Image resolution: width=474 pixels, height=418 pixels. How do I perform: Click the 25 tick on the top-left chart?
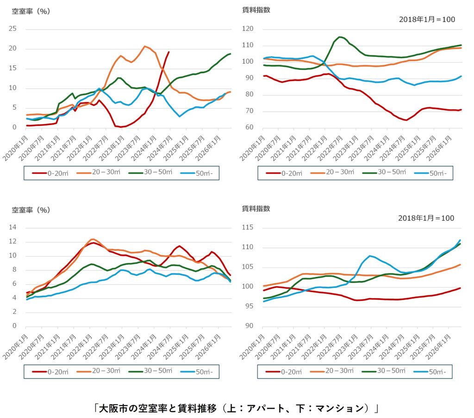tap(12, 29)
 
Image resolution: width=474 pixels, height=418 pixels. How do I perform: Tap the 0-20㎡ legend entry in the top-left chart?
tap(50, 173)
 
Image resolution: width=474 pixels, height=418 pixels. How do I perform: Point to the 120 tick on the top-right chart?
tap(248, 29)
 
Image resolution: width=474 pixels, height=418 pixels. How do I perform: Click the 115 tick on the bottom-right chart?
tap(248, 227)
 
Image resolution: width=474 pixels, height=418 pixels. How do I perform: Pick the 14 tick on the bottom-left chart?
tap(12, 227)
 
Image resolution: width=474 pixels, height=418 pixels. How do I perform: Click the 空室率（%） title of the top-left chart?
tap(31, 12)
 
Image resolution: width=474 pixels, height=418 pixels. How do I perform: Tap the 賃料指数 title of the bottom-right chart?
tap(256, 209)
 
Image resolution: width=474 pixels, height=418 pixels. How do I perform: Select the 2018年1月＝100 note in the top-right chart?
tap(427, 19)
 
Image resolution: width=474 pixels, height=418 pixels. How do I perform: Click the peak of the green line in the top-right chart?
tap(340, 37)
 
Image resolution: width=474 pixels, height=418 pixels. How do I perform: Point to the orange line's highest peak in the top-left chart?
tap(145, 46)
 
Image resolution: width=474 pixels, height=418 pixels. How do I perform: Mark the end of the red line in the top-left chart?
tap(168, 52)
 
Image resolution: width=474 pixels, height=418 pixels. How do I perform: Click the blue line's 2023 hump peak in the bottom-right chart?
tap(370, 256)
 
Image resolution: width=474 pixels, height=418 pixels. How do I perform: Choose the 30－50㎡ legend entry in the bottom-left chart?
tap(150, 371)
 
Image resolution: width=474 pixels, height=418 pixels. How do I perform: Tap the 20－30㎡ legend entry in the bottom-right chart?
tap(331, 371)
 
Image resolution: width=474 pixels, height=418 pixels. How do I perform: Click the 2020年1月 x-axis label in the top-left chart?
tap(16, 148)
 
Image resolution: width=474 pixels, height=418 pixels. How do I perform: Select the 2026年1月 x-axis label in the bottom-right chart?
tap(439, 347)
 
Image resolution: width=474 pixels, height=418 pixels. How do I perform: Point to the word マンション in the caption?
tap(340, 409)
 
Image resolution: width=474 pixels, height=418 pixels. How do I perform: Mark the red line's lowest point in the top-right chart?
tap(406, 120)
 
